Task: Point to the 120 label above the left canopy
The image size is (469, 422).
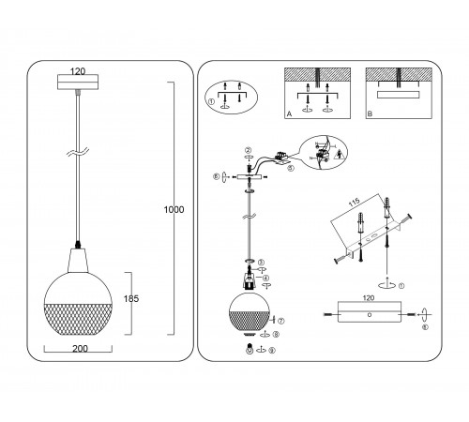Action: click(79, 70)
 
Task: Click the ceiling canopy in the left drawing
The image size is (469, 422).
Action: click(78, 83)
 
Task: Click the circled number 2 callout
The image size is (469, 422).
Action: click(248, 150)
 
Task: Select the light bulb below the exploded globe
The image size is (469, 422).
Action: click(250, 333)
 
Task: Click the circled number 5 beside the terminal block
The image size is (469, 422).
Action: click(290, 169)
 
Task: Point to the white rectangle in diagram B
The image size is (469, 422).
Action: click(400, 96)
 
